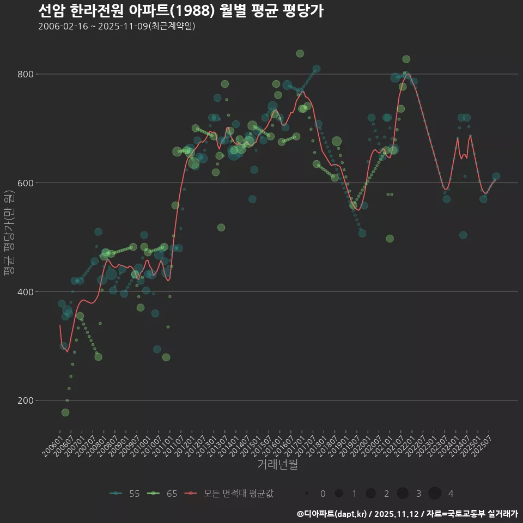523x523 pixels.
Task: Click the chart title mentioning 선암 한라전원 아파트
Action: tap(181, 11)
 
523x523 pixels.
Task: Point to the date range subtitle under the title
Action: tap(117, 26)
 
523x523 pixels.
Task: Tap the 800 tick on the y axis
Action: tap(27, 74)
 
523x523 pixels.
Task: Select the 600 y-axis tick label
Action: tap(27, 183)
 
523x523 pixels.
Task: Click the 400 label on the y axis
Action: tap(27, 292)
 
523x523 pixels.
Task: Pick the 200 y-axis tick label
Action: tap(27, 400)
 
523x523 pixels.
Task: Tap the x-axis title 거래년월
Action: tap(277, 465)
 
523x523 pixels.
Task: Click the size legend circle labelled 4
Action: tap(434, 494)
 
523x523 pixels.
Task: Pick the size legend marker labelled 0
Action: tap(307, 494)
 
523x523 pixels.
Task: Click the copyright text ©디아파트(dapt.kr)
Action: tap(333, 514)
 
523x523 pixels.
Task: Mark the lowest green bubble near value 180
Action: tap(65, 412)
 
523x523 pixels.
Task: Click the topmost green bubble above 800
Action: tap(300, 53)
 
